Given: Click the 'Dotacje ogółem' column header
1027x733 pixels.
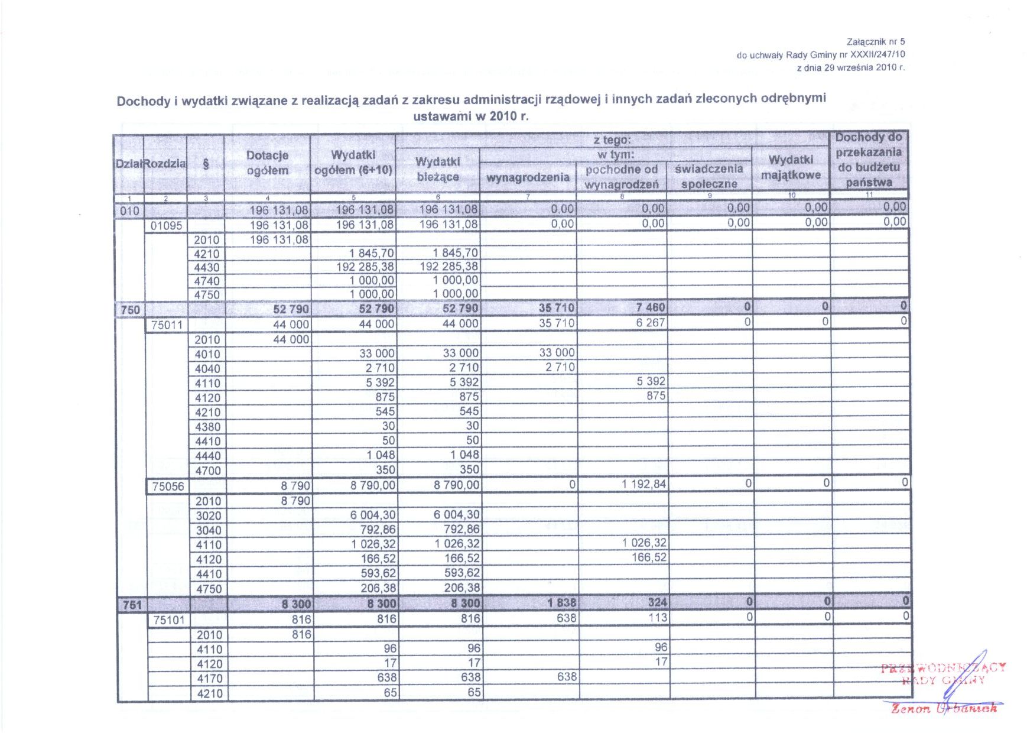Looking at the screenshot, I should tap(267, 163).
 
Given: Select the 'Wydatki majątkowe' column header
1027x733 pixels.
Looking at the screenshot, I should tap(791, 167).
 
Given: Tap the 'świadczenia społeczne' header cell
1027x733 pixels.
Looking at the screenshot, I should tap(708, 176).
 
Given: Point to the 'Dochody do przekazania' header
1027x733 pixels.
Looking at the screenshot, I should tap(868, 160).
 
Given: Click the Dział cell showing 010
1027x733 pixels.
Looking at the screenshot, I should tap(129, 211).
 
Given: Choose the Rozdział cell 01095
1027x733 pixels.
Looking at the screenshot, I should tap(166, 226).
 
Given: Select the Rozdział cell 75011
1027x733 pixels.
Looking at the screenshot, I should tap(167, 325).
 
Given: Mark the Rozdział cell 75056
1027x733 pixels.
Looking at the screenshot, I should tap(168, 486).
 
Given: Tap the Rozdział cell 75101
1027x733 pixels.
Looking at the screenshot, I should tap(169, 620).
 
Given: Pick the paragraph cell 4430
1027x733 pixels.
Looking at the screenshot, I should tap(207, 268).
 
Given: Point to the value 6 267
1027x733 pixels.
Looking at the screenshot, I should tap(651, 323).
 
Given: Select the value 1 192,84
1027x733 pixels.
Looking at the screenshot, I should tap(643, 484).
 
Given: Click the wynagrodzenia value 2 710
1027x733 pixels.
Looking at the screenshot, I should tap(560, 367).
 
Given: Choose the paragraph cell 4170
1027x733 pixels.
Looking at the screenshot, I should tap(210, 679).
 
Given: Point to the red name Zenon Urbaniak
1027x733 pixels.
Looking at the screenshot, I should tap(944, 708).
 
